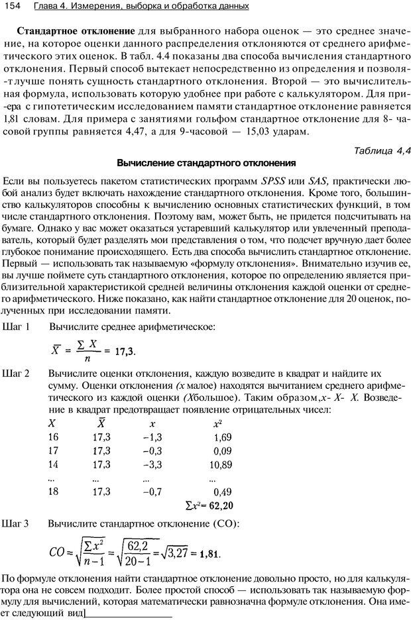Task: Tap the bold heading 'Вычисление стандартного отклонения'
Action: click(206, 162)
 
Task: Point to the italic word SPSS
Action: click(273, 181)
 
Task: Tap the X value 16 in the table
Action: click(54, 437)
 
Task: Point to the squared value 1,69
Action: click(222, 437)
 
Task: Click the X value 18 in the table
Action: click(54, 491)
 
